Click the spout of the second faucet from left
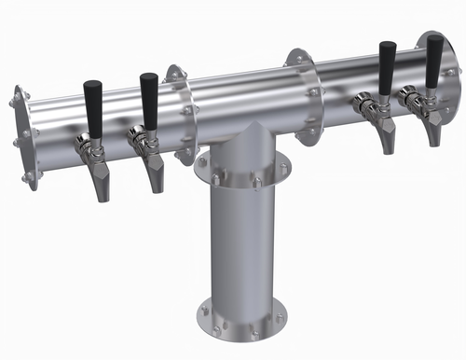[156, 173]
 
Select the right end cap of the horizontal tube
[445, 75]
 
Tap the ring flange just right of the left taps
[179, 110]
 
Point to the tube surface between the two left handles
[121, 112]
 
